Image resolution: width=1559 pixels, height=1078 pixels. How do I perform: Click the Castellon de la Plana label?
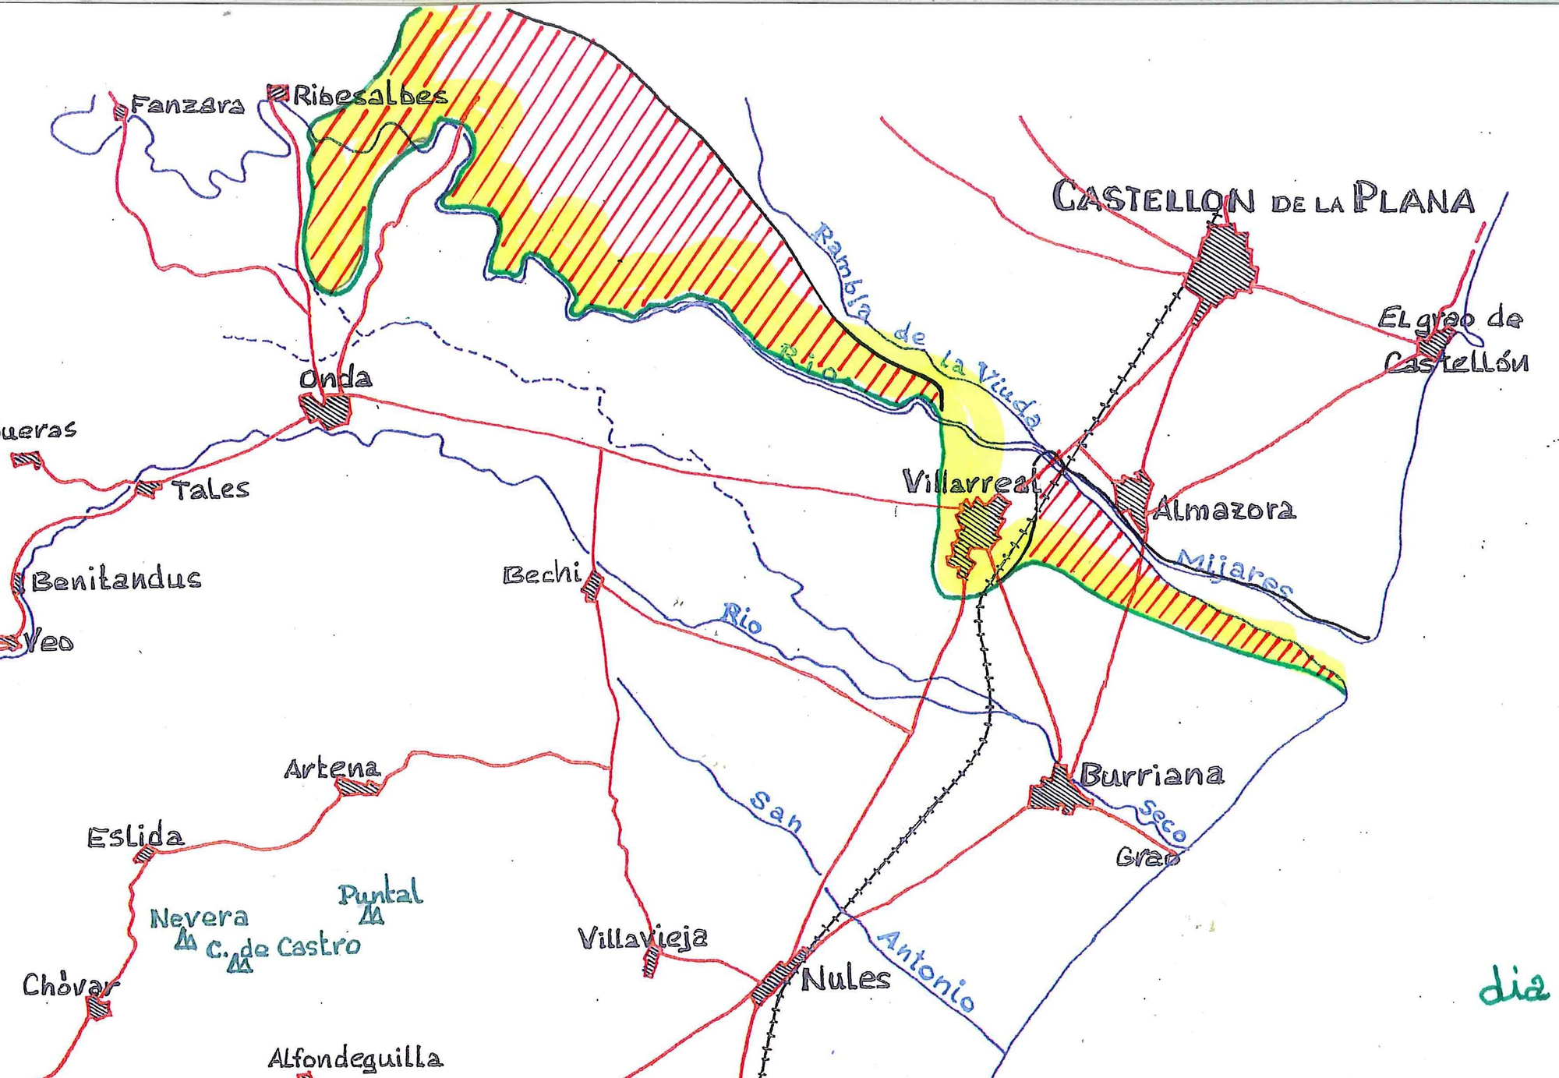pos(1263,198)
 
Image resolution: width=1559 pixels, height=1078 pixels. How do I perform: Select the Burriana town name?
pos(1151,775)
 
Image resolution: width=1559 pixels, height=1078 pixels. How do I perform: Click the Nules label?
pos(846,979)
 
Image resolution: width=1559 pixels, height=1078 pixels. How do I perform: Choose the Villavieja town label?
pos(642,938)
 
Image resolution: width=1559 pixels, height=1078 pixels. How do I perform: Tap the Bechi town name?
pos(542,575)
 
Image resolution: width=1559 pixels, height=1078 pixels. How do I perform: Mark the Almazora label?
pos(1224,510)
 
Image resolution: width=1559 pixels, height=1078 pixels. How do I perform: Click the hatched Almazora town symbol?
pos(1133,495)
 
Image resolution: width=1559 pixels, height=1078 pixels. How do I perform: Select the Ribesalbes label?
pos(370,95)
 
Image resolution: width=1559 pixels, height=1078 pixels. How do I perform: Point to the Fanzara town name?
pos(187,104)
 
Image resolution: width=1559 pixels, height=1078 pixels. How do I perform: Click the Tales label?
pos(210,490)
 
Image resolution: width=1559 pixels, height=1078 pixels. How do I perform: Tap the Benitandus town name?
pos(116,580)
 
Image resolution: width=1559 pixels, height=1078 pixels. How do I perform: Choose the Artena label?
pos(331,769)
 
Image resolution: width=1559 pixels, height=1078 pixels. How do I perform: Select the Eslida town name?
pos(136,837)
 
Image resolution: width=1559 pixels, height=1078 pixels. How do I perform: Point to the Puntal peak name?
pos(380,893)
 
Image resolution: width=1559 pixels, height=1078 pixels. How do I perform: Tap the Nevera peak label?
pos(199,918)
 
